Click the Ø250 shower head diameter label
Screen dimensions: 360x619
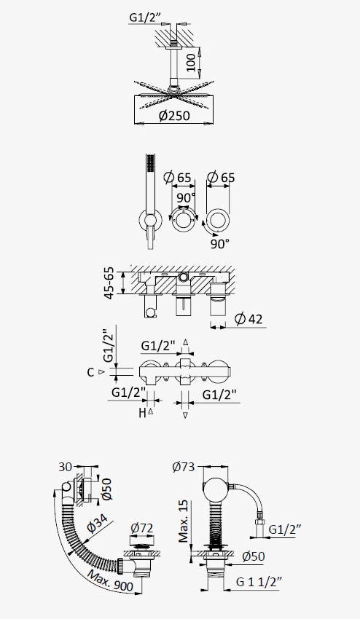coord(174,116)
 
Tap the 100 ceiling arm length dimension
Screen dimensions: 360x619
coord(191,63)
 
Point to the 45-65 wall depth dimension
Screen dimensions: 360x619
coord(109,283)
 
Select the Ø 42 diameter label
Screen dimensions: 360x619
coord(249,318)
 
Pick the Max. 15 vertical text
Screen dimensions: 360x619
coord(184,521)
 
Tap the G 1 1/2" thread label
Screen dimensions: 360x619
coord(259,582)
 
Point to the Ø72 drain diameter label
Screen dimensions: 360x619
coord(141,528)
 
